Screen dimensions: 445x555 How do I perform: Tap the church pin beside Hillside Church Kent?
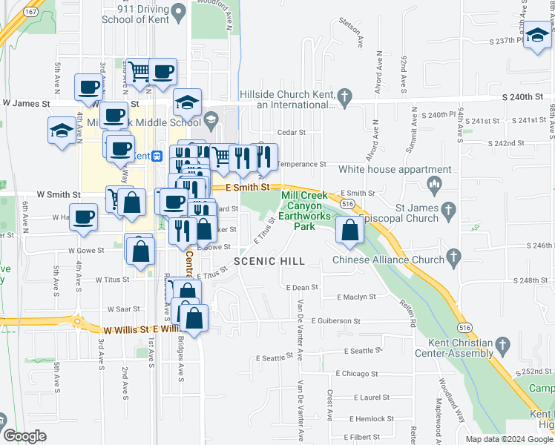(x=344, y=96)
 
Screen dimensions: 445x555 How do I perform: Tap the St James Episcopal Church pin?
(x=447, y=211)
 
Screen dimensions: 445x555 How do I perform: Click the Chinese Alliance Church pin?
(x=455, y=257)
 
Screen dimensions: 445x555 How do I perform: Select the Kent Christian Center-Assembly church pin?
(x=503, y=345)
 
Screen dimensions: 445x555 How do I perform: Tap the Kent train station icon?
(x=157, y=156)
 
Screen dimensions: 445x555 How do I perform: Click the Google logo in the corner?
(x=24, y=436)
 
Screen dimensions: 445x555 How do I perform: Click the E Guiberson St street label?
(x=336, y=321)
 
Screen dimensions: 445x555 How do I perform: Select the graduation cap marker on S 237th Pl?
(x=537, y=34)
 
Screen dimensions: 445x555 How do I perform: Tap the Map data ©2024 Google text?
(x=509, y=439)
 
